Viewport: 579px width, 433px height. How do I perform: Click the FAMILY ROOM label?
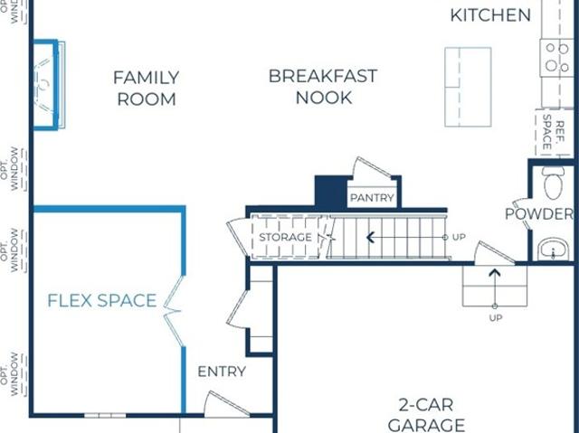click(x=147, y=89)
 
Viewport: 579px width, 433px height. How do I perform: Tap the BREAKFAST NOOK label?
click(x=323, y=87)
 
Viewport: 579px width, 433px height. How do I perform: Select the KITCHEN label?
click(x=490, y=15)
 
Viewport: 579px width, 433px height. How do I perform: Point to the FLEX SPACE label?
click(x=102, y=301)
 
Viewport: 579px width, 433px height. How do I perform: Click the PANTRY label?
click(x=372, y=198)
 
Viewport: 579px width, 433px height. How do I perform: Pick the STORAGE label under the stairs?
click(x=286, y=237)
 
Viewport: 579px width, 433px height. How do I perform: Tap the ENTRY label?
click(x=222, y=372)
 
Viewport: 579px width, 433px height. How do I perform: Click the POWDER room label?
click(x=539, y=214)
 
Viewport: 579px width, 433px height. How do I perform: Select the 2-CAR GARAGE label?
click(x=426, y=415)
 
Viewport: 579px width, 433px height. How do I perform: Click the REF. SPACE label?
click(x=554, y=132)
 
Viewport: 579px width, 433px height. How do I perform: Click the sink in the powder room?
click(x=553, y=249)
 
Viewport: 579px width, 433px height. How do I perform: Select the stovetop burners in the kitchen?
click(x=557, y=58)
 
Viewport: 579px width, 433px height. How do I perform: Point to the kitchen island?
click(x=468, y=87)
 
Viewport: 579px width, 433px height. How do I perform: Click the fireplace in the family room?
click(x=49, y=85)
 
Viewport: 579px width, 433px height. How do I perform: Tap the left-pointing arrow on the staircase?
click(x=406, y=238)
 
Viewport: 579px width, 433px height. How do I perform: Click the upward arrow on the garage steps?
click(x=495, y=288)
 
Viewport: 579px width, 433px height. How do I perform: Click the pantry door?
click(x=372, y=168)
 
